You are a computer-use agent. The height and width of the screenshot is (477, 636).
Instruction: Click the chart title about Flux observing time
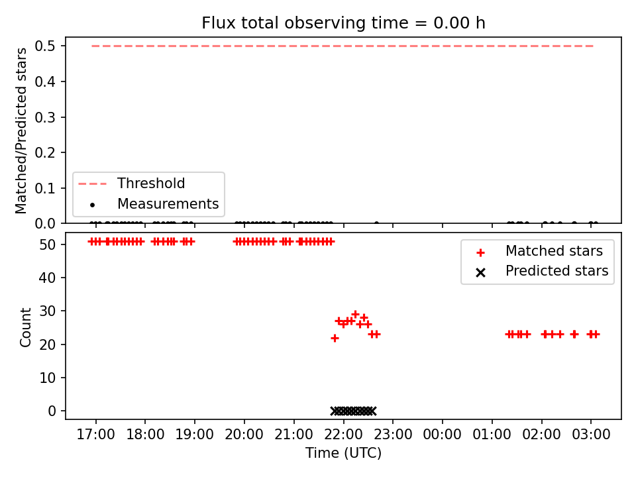point(343,23)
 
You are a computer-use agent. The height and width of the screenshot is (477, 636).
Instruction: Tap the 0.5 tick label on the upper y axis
point(45,46)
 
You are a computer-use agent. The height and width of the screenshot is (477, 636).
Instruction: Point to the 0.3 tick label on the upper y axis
point(45,117)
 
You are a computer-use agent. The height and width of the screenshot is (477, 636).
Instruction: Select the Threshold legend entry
point(131,184)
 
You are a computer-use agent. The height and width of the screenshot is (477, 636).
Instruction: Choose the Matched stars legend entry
point(539,251)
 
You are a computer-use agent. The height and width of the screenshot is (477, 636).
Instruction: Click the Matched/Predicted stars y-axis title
point(21,131)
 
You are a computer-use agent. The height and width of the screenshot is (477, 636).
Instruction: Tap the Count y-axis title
point(25,327)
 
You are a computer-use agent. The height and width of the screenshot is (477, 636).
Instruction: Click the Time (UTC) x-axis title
point(343,452)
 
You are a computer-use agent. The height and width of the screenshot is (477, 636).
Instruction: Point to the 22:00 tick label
point(343,435)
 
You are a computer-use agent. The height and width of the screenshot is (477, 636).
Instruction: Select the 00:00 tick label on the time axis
point(442,435)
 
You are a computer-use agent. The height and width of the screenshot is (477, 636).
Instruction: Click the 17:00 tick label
point(95,435)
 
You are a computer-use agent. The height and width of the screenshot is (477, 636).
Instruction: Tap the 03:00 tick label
point(591,435)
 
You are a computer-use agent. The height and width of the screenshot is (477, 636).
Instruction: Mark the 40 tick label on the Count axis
point(48,278)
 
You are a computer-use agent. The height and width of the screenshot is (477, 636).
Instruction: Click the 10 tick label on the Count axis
point(48,378)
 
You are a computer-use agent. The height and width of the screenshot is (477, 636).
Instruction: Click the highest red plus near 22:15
point(355,314)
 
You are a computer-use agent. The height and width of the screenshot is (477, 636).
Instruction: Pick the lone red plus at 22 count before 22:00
point(335,338)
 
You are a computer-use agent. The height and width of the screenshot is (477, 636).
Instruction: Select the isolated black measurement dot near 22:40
point(376,223)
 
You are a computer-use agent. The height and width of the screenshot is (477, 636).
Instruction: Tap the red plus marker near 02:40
point(574,334)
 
